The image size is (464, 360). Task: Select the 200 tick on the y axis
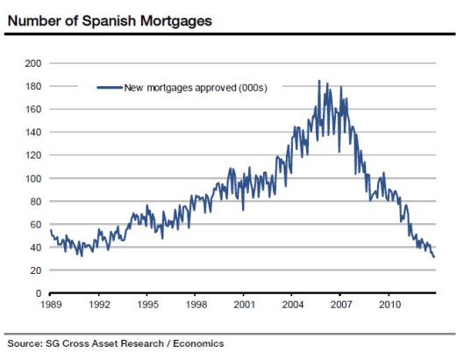[x=34, y=63]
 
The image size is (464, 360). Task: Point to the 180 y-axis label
[x=34, y=86]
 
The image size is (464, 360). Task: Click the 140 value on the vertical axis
[x=34, y=132]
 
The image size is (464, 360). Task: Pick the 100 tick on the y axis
[x=34, y=178]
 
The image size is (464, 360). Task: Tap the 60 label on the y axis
[x=37, y=225]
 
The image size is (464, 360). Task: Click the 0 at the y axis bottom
[x=39, y=293]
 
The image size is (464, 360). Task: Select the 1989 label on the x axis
[x=50, y=306]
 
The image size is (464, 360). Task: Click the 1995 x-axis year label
[x=146, y=306]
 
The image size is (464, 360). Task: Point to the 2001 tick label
[x=243, y=306]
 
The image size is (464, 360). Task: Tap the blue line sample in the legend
[x=109, y=87]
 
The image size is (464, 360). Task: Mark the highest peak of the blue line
[x=318, y=81]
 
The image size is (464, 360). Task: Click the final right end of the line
[x=435, y=257]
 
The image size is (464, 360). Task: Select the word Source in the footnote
[x=25, y=343]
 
